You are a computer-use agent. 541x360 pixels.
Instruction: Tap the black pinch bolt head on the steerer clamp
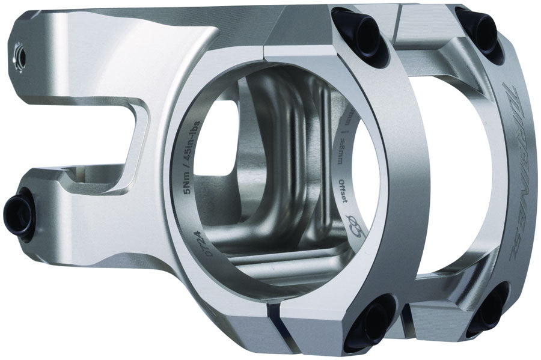[x=18, y=213]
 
